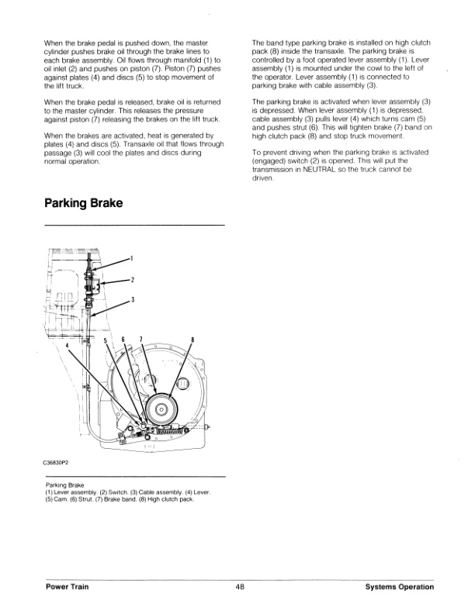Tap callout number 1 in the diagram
(x=132, y=258)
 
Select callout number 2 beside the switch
(x=132, y=280)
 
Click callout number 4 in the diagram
(x=68, y=344)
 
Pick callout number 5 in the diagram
(x=105, y=340)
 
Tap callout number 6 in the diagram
(x=123, y=340)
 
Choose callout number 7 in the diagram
(x=140, y=340)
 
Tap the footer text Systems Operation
(x=399, y=587)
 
